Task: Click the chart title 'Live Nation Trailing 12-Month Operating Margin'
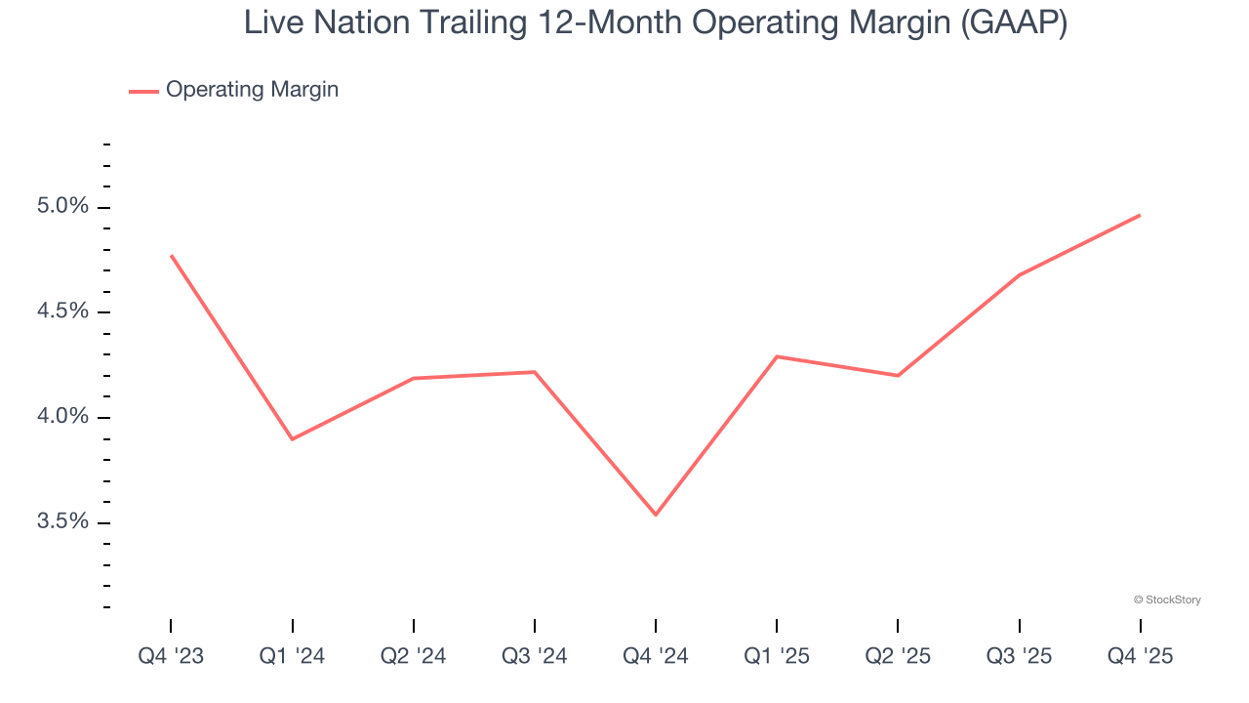655,22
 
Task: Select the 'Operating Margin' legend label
252,90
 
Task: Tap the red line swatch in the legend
143,91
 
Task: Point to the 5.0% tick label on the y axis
63,207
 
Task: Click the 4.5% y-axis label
63,311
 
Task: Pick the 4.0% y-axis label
63,417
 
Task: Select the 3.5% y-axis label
63,521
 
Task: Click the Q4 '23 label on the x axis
171,657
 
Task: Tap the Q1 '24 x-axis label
292,657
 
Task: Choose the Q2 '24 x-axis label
413,657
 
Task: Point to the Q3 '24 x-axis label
534,657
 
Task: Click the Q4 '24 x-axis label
655,657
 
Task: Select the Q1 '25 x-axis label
777,657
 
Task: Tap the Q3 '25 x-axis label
1019,657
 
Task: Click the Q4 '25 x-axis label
1140,657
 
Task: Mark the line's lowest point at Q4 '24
655,515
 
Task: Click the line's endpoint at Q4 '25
1140,215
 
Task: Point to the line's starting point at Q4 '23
171,256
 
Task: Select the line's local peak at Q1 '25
777,356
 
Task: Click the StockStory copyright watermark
1167,600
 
